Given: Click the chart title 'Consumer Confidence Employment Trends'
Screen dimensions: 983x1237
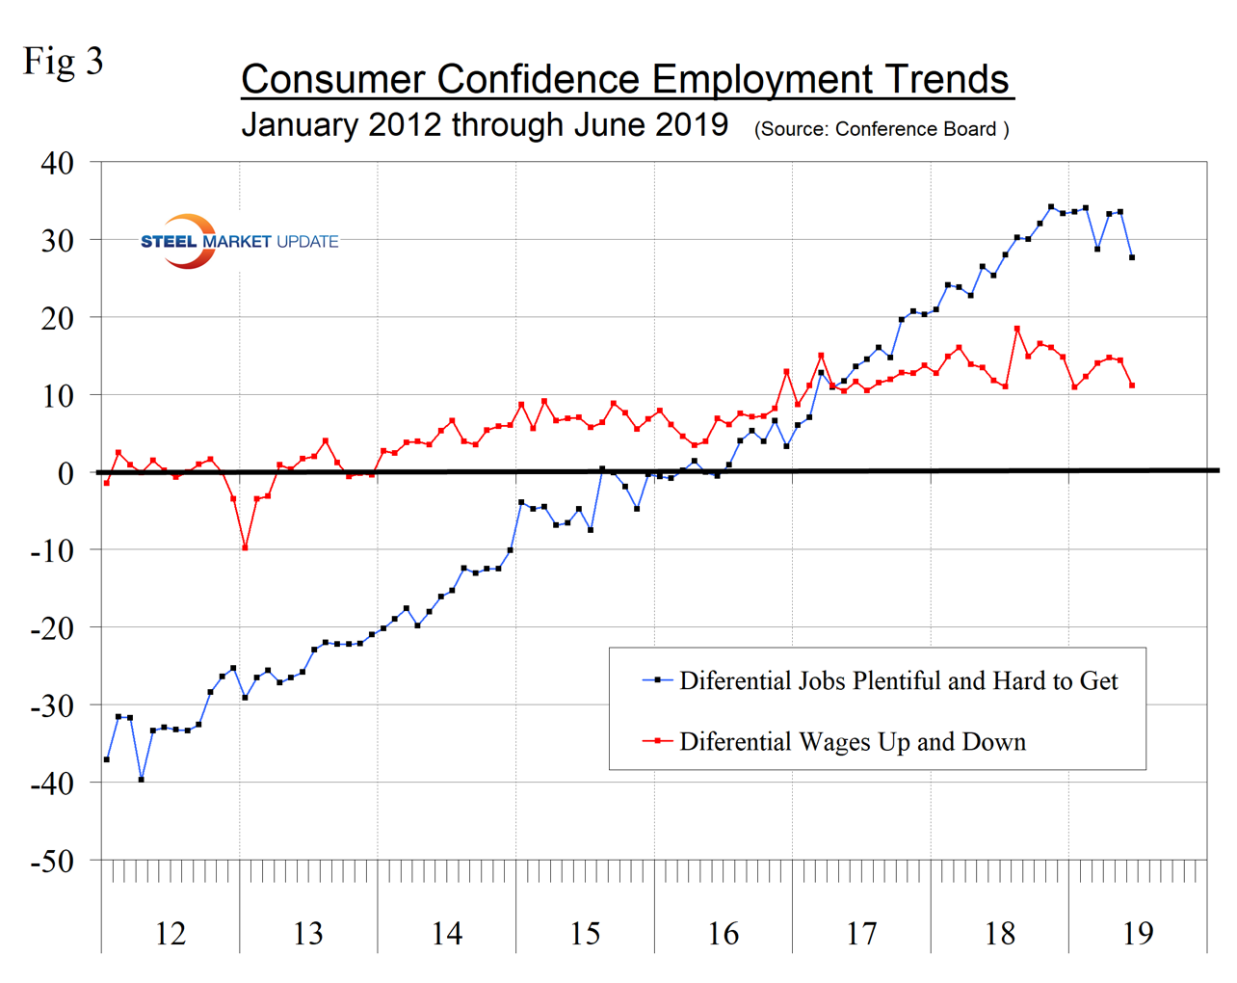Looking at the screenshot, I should [626, 79].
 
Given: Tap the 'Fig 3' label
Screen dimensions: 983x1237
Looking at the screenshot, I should [64, 62].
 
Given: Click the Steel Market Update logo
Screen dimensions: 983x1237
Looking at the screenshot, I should [239, 241].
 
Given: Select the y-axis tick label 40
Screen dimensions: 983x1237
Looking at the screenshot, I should [57, 163].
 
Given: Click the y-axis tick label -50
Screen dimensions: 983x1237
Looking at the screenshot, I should [52, 861].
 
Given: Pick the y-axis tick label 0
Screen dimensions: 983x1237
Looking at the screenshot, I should [66, 473].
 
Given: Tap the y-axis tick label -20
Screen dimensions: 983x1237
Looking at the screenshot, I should [52, 628].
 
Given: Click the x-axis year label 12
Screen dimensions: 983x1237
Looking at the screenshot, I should [170, 933].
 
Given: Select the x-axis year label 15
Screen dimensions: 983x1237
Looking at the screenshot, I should [585, 933].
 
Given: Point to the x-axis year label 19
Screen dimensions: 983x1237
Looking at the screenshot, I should [1138, 933].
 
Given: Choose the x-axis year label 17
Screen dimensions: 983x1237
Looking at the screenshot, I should [861, 933].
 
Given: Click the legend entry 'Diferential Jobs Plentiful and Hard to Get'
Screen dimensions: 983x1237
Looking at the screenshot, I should [898, 681].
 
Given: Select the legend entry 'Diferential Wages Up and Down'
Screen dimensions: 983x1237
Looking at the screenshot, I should [852, 742].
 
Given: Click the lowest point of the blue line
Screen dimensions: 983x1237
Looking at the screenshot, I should [142, 779].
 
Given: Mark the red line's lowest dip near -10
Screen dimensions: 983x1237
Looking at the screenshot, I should [245, 547].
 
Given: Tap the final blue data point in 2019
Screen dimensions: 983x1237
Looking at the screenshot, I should [1132, 257].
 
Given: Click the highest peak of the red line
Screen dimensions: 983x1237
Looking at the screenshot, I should [1017, 329].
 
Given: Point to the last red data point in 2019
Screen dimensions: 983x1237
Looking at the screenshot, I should [1132, 385].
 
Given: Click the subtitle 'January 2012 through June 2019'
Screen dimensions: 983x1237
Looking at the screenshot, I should [485, 125].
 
